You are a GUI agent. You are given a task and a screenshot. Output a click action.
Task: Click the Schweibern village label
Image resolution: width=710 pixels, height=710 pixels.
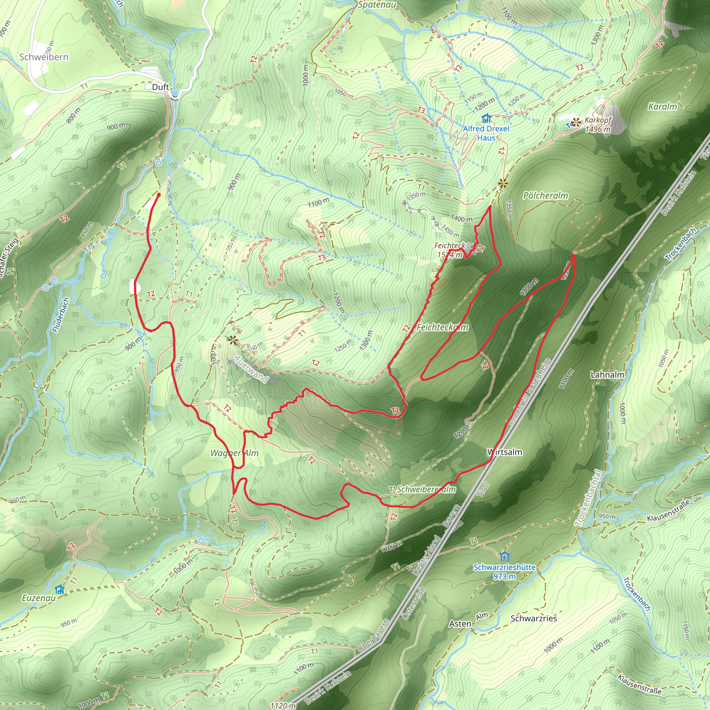click(44, 57)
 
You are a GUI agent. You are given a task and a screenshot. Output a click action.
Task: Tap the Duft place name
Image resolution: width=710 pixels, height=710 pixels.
click(161, 87)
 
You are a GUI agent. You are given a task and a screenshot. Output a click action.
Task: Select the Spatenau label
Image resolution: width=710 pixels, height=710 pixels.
click(377, 5)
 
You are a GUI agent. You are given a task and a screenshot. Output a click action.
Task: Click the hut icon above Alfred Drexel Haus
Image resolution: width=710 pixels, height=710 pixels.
click(486, 118)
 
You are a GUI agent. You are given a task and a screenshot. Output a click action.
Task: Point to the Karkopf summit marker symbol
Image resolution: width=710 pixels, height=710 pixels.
click(576, 122)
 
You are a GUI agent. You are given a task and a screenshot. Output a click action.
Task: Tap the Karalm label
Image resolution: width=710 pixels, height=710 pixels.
click(662, 106)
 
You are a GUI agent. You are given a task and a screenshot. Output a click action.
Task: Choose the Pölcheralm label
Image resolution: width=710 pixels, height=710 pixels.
click(545, 196)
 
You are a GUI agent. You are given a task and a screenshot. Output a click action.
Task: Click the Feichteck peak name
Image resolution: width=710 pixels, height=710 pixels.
click(449, 245)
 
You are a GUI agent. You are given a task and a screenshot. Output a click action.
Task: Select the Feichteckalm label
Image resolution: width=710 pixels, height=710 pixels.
click(442, 327)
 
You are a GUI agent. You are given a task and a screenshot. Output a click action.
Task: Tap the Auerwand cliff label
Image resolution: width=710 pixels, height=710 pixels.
click(251, 369)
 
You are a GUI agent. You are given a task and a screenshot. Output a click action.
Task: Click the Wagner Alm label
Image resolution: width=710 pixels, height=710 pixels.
click(234, 453)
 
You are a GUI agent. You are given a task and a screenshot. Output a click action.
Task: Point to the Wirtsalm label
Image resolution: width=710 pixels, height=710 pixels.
click(504, 452)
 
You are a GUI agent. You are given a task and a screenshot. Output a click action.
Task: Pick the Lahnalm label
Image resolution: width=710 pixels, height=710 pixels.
click(607, 375)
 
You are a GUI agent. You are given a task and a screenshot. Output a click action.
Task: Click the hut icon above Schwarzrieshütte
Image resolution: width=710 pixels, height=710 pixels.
click(504, 556)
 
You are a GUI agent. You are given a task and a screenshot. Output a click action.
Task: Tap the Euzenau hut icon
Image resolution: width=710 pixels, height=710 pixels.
click(60, 589)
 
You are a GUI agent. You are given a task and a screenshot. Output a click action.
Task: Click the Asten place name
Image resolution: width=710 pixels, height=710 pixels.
click(460, 624)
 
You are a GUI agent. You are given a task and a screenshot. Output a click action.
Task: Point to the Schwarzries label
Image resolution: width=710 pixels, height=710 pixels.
click(534, 618)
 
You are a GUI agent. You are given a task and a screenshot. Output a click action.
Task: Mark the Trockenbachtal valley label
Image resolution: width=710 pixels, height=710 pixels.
click(588, 498)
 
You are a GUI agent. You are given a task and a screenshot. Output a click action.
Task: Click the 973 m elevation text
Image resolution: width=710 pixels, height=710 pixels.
click(504, 576)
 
